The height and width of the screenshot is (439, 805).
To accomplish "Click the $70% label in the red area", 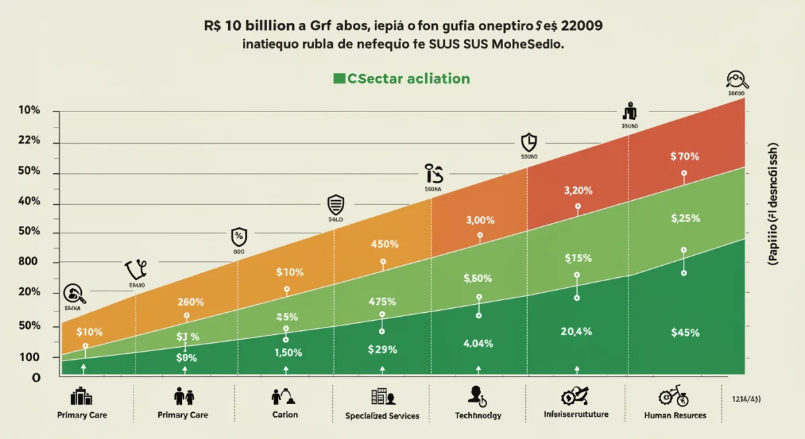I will [x=684, y=156].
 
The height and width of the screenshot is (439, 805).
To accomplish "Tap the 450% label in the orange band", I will [x=384, y=244].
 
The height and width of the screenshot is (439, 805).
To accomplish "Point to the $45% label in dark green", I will [x=685, y=332].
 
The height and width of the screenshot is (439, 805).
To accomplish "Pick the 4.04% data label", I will [x=478, y=344].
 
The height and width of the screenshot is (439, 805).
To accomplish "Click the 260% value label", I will [x=191, y=302].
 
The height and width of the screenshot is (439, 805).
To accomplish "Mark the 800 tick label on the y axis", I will [x=30, y=262].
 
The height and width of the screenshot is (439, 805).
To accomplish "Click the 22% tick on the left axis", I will [x=29, y=141].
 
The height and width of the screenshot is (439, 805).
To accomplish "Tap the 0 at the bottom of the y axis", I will [x=36, y=378].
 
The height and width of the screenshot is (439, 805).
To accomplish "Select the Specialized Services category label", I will [x=382, y=416].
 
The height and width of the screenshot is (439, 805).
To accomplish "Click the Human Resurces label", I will [x=675, y=416].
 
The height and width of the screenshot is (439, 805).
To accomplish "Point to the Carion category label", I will [x=285, y=415].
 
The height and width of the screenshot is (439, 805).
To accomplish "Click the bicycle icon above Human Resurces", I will [x=674, y=396].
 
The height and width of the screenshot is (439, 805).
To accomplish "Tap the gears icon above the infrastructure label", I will [x=576, y=395].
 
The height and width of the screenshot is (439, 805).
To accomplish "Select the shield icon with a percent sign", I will [x=239, y=236].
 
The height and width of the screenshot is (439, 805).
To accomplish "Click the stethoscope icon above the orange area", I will [x=136, y=270].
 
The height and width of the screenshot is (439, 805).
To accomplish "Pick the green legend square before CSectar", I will [x=339, y=79].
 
